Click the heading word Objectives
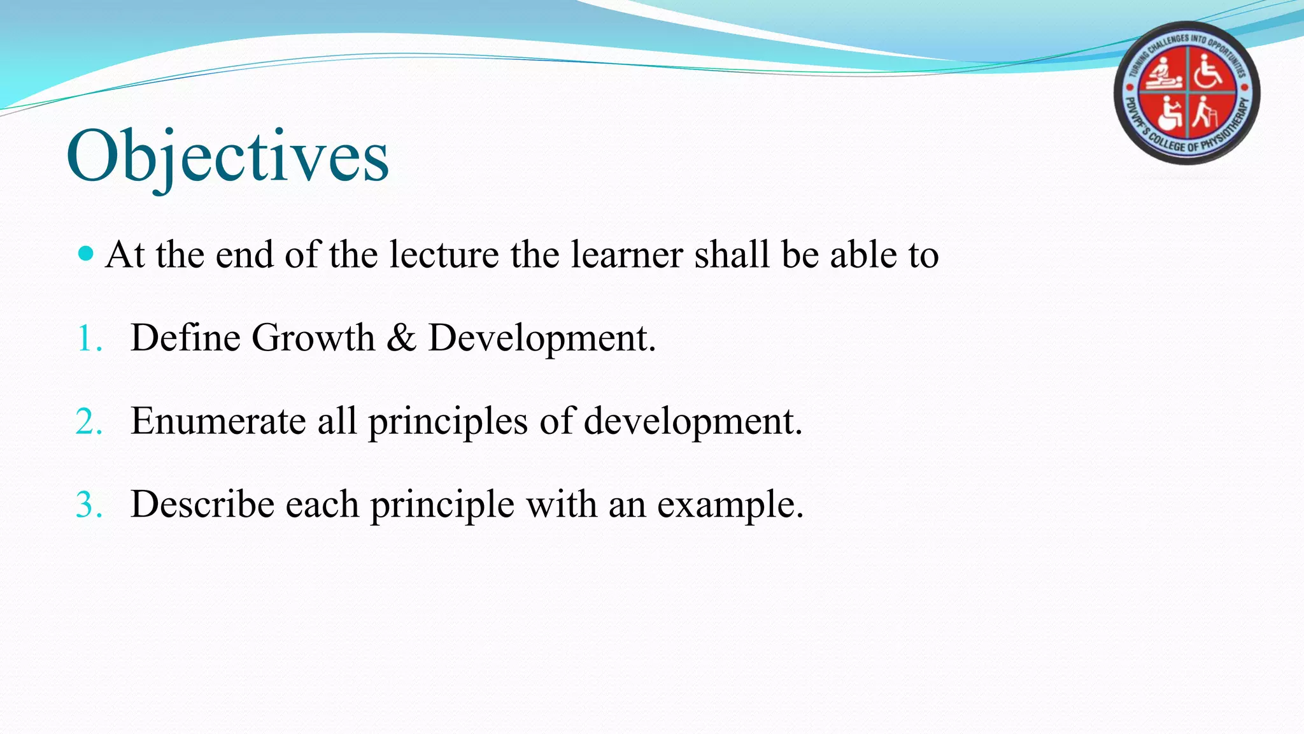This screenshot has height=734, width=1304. coord(227,157)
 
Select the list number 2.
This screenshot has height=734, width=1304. coord(89,422)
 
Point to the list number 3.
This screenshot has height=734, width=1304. coord(89,505)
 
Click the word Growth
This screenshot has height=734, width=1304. coord(313,338)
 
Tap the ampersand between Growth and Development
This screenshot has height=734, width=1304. coord(401,338)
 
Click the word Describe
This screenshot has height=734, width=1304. coord(202,505)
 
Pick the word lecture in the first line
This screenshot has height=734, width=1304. coord(444,255)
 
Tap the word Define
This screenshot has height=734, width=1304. coord(185,338)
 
